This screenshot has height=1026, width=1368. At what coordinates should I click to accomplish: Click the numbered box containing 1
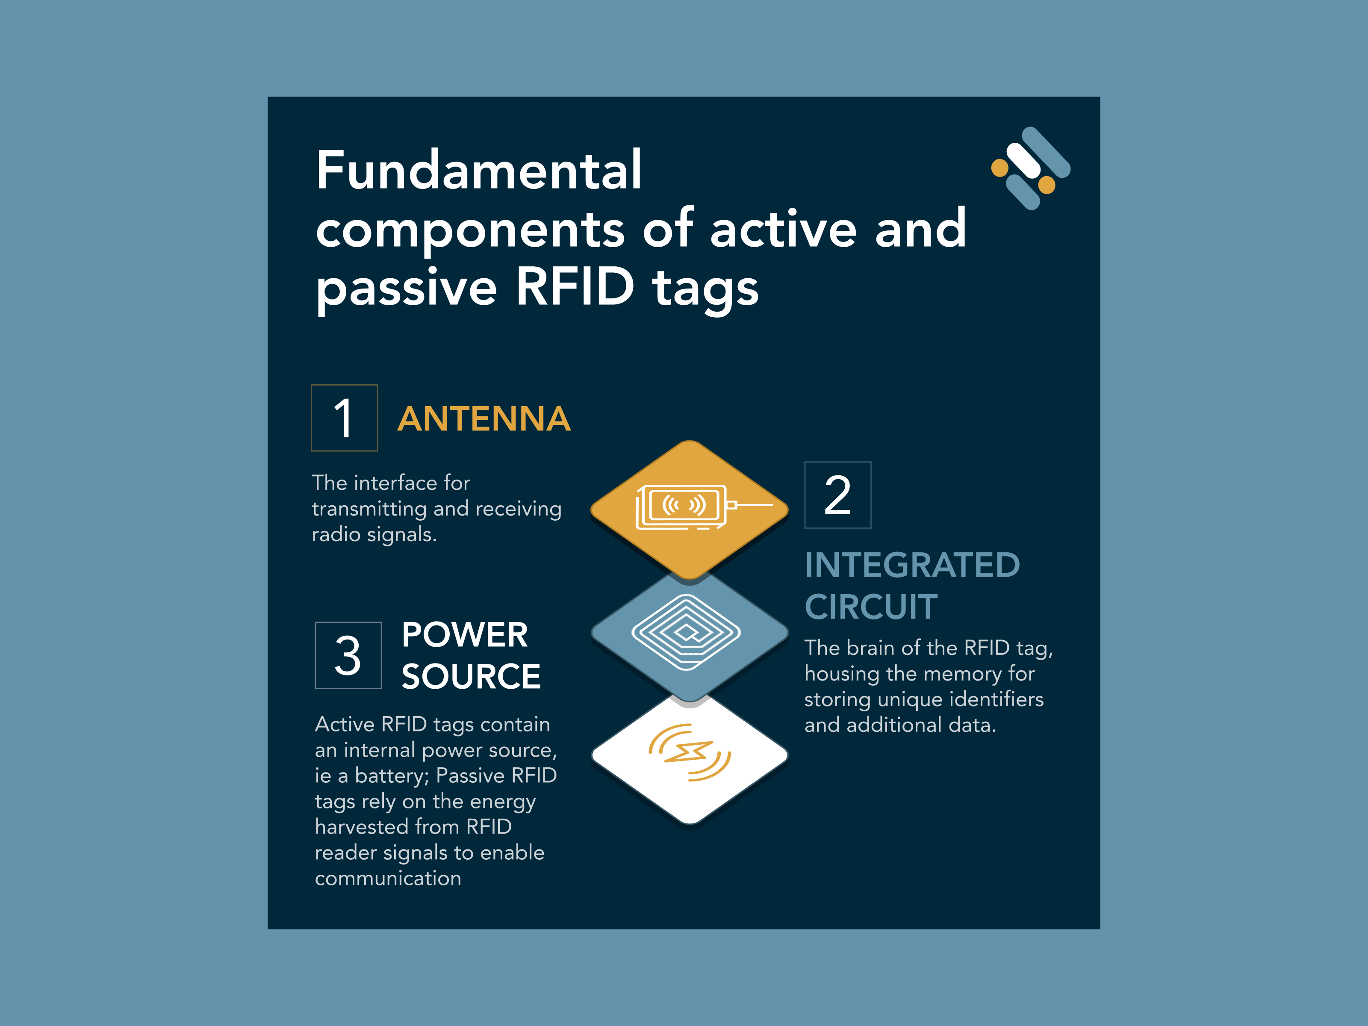[345, 418]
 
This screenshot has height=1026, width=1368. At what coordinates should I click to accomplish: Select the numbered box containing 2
[838, 495]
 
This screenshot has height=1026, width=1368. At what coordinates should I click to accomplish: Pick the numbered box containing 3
[348, 655]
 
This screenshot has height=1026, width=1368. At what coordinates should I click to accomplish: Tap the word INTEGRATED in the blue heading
[912, 565]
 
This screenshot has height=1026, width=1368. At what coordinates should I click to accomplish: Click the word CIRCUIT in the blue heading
[871, 607]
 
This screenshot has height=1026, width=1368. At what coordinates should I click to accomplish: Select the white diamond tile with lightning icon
[690, 758]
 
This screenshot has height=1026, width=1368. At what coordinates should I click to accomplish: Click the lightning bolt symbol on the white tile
[688, 752]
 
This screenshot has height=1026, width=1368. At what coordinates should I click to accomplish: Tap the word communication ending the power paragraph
[388, 878]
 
